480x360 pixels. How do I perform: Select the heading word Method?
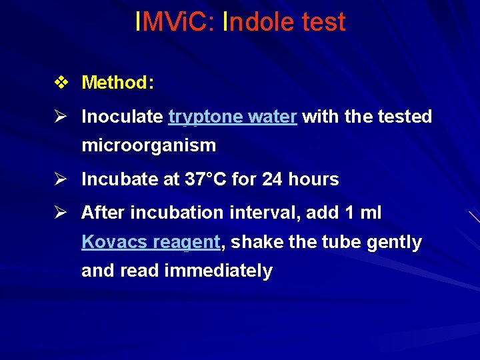point(118,83)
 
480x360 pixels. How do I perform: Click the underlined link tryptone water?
point(233,117)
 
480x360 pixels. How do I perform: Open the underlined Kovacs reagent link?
point(151,242)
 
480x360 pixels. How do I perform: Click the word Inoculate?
point(122,117)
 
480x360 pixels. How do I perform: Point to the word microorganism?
point(149,145)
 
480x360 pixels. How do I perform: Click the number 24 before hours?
point(272,179)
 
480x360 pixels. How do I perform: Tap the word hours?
point(313,179)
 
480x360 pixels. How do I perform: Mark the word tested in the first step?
point(405,117)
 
